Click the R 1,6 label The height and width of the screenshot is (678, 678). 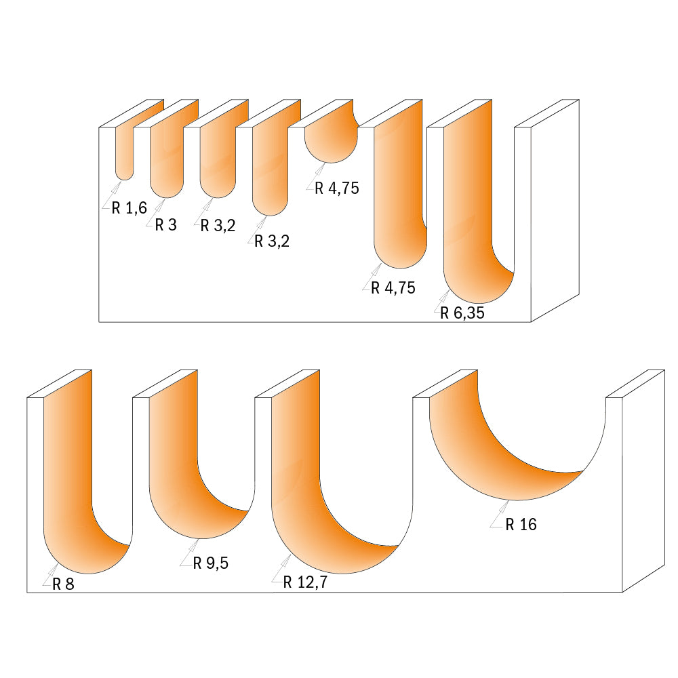[x=129, y=208]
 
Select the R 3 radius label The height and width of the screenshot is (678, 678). [x=165, y=225]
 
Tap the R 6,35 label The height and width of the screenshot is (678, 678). [x=462, y=313]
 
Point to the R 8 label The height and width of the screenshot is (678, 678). [x=62, y=584]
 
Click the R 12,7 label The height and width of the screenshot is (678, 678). [x=305, y=582]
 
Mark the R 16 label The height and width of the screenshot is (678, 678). [x=521, y=524]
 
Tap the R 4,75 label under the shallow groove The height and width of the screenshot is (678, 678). [x=337, y=188]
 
